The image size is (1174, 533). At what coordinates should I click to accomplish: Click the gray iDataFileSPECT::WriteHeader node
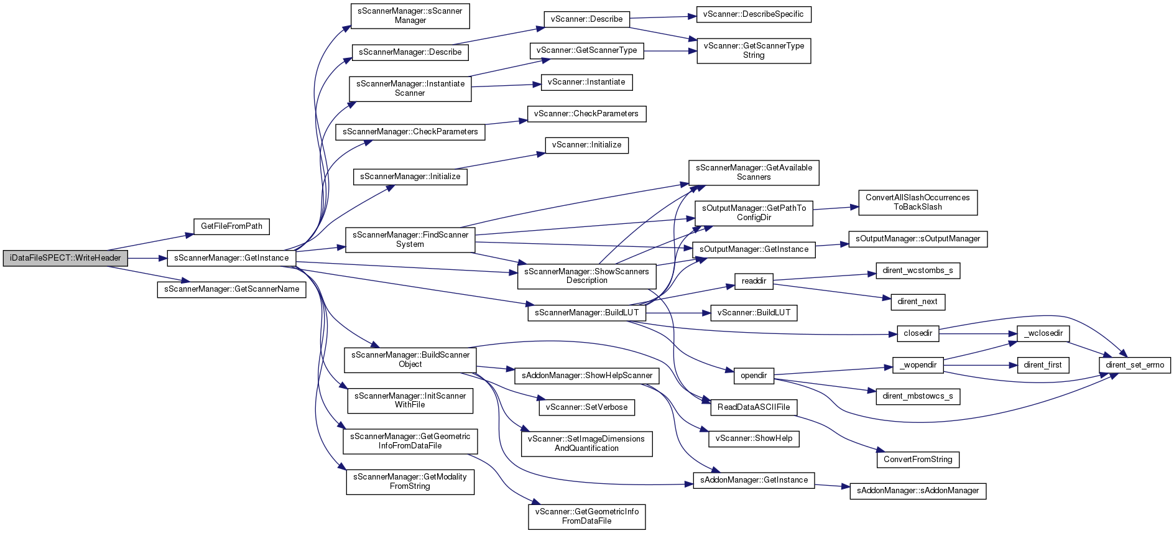65,258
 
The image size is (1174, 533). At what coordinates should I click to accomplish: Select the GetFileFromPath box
231,226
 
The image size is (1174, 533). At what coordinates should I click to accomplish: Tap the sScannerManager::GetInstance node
231,258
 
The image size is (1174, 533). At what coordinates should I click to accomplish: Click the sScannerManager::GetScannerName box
231,289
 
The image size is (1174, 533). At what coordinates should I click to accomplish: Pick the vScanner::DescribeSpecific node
754,14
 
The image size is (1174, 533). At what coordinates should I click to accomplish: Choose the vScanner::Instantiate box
586,82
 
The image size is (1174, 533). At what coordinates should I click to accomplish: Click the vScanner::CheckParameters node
586,114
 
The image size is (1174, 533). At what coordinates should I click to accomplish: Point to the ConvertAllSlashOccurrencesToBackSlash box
918,203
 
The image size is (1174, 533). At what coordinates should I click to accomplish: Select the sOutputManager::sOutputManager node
918,239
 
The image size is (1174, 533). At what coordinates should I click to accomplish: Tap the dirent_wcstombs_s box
918,271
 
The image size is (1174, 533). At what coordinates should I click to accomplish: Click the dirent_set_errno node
1135,365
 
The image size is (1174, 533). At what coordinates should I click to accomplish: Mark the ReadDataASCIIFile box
754,407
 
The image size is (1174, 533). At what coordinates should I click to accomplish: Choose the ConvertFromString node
918,460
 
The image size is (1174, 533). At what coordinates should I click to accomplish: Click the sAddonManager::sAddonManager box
918,491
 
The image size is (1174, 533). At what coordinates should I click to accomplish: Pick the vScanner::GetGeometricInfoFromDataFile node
586,517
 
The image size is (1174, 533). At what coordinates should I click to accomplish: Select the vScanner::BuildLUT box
754,313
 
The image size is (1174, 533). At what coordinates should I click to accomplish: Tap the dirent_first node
1043,365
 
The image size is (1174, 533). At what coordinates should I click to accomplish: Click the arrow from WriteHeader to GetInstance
147,258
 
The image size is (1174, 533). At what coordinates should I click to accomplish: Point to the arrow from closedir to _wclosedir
978,334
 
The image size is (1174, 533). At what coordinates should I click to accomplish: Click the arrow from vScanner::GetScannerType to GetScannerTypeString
670,51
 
